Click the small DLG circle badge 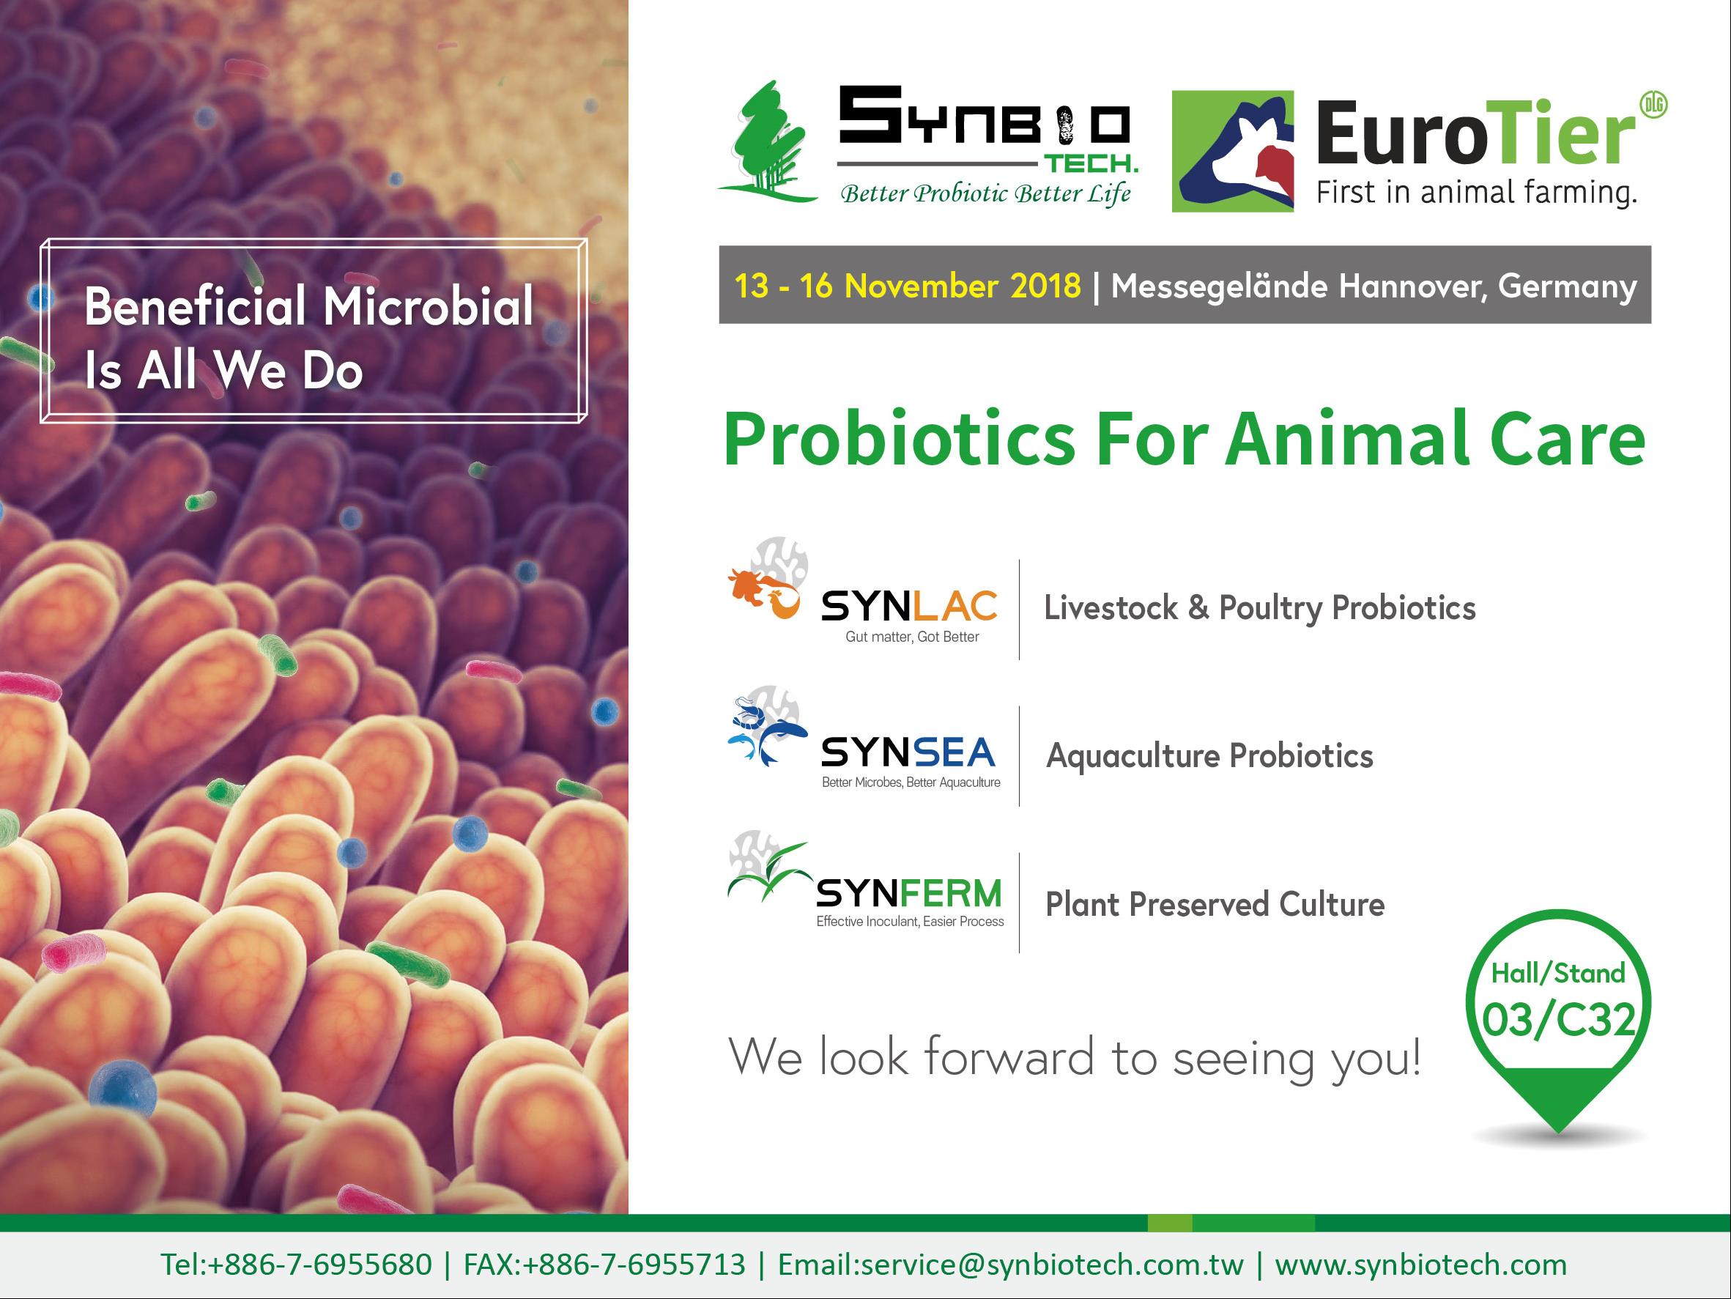(x=1653, y=105)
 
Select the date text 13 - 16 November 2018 (x=907, y=286)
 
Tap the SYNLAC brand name (x=909, y=607)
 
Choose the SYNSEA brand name (x=908, y=752)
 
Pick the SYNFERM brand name (x=908, y=893)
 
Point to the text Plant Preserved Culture (x=1215, y=905)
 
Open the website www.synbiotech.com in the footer (x=1421, y=1265)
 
